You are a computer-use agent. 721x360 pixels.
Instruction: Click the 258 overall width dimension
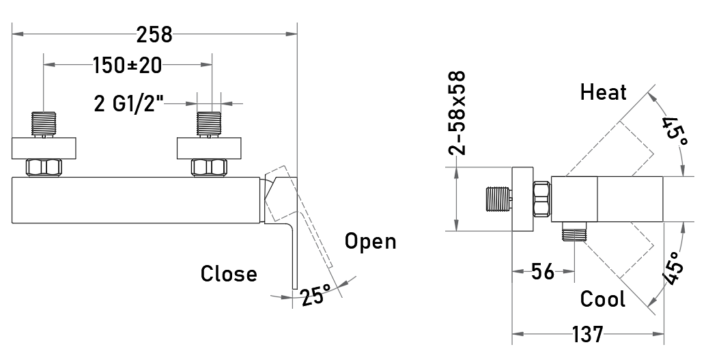[154, 34]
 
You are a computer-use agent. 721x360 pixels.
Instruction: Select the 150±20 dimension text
[128, 66]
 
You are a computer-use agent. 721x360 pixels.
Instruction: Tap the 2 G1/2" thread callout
[129, 103]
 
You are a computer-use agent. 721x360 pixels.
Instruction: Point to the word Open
[370, 242]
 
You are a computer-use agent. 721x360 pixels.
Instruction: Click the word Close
[229, 273]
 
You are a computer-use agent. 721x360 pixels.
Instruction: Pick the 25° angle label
[316, 295]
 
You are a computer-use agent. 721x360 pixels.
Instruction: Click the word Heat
[603, 92]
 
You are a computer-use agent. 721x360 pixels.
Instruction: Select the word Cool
[602, 299]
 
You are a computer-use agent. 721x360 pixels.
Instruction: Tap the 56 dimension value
[543, 272]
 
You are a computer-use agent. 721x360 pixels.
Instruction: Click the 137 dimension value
[587, 334]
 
